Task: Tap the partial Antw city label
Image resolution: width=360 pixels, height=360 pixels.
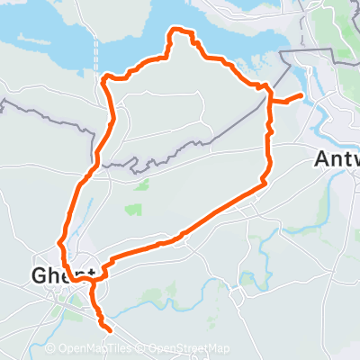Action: click(337, 158)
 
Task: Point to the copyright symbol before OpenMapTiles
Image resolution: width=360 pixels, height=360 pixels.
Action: click(49, 348)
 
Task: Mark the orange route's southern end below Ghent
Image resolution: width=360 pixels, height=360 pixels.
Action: click(111, 328)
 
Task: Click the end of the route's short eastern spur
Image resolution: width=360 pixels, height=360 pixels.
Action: click(300, 95)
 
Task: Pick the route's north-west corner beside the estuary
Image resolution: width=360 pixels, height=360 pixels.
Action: click(105, 79)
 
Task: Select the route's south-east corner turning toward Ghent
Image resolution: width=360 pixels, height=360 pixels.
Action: click(265, 183)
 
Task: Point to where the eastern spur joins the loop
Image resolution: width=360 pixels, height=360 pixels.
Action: click(269, 100)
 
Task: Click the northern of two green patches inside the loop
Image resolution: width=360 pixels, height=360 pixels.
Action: click(140, 185)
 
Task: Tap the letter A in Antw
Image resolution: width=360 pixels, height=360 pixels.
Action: click(322, 158)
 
